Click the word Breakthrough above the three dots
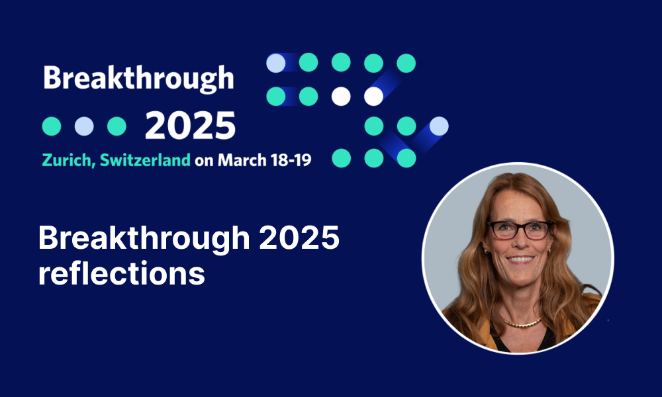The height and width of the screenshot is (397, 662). click(138, 79)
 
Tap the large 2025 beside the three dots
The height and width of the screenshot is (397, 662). click(190, 126)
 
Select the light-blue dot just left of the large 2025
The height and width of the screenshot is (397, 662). click(84, 126)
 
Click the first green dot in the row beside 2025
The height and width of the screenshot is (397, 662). click(52, 126)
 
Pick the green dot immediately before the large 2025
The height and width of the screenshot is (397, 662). click(117, 126)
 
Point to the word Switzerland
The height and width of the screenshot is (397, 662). click(145, 160)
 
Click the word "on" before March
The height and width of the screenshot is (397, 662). click(204, 161)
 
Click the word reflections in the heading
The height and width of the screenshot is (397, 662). click(122, 273)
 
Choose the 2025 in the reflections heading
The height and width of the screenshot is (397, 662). click(299, 238)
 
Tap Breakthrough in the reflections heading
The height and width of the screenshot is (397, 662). click(144, 240)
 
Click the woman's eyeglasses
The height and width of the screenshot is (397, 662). click(520, 230)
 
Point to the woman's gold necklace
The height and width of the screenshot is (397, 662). click(522, 323)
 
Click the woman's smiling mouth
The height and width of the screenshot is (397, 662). click(520, 259)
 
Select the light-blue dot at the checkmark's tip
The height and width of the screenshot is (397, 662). click(439, 126)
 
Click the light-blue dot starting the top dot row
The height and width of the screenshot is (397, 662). click(275, 63)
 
